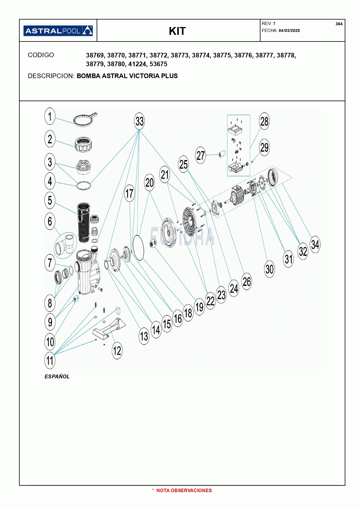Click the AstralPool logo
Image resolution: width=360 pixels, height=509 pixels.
coord(58,31)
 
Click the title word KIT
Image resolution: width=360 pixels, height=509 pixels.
coord(177,31)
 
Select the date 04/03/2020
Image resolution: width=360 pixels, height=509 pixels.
coord(289,30)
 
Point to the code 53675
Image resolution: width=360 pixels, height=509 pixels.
coord(158,64)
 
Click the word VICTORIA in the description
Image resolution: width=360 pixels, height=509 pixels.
coord(144,76)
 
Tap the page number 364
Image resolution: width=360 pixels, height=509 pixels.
coord(339,24)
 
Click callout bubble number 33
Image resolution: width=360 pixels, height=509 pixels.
coord(139,121)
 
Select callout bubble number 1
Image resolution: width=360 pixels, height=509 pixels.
coord(50,116)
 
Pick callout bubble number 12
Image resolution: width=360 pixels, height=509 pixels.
coord(117,351)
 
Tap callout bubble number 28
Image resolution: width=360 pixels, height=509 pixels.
coord(264,121)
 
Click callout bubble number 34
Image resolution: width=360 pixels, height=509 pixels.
coord(315,244)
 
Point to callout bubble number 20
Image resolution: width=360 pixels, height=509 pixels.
coord(150,183)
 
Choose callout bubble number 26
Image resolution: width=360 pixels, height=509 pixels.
coord(247,281)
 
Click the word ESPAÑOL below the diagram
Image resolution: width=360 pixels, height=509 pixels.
coord(57,377)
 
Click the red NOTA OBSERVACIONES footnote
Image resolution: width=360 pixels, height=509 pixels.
coord(184,490)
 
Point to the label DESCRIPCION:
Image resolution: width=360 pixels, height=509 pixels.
coord(51,76)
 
